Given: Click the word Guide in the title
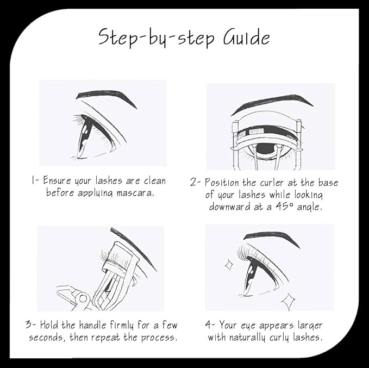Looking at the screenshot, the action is pos(246,38).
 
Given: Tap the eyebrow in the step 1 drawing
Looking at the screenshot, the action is pos(107,97).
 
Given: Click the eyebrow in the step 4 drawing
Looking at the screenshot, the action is pos(272,238).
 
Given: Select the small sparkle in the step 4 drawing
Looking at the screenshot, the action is pos(229,265).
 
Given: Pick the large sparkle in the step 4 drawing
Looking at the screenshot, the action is pos(289,302).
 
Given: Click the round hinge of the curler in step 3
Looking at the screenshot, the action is pos(83,298).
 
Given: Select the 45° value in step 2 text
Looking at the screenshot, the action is pos(285,207).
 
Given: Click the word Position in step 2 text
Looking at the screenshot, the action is pos(222,183).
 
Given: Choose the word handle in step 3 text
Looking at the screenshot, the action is pos(92,325).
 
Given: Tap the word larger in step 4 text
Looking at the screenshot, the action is pos(310,326).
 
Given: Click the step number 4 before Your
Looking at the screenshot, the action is pos(208,325).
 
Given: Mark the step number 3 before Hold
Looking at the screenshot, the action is pos(29,325).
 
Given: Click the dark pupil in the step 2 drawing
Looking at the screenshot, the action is pos(266,148).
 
